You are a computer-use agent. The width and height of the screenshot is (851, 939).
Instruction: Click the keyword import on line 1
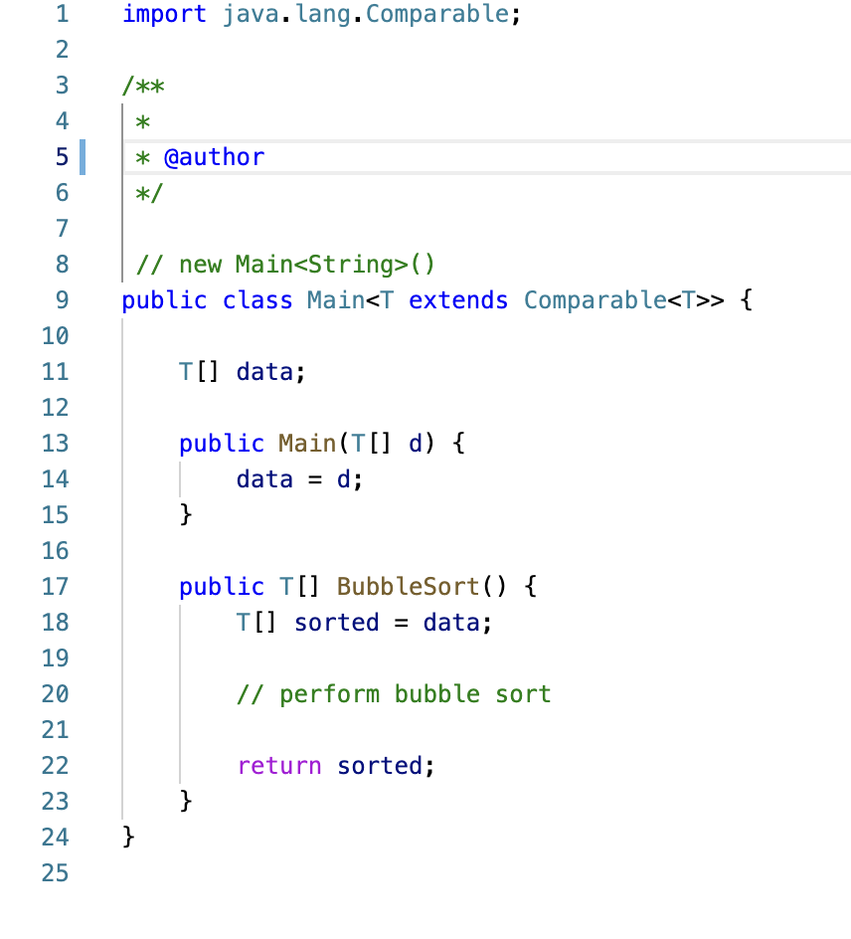(x=164, y=15)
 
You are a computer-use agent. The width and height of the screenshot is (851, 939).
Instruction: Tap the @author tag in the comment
(x=214, y=157)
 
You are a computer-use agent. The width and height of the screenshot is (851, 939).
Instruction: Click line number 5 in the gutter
(x=62, y=157)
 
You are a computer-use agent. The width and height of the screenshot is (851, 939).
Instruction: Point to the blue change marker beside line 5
(x=82, y=157)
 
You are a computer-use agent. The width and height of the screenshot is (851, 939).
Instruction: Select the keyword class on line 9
(x=257, y=300)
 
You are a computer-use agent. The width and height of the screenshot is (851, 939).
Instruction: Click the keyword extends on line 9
(x=458, y=300)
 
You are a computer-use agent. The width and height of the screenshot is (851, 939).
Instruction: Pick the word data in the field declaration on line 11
(x=264, y=372)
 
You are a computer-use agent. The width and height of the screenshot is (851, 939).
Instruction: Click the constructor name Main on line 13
(x=307, y=444)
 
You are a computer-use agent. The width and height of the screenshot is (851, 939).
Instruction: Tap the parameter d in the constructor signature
(x=416, y=444)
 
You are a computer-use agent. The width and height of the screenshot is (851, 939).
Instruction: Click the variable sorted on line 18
(x=337, y=623)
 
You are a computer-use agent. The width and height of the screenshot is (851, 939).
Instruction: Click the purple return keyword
(x=279, y=766)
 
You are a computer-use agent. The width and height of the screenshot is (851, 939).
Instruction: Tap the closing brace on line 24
(x=127, y=838)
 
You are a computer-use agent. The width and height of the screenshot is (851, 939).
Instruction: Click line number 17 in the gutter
(x=56, y=587)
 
